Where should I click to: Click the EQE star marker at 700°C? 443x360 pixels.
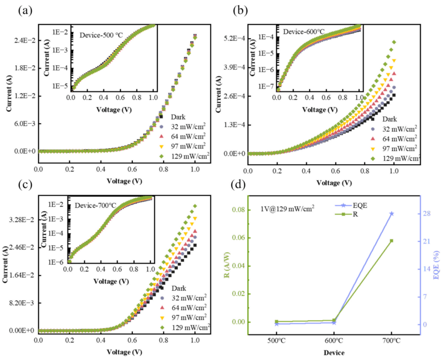tap(391, 214)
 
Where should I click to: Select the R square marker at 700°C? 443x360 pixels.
tap(391, 241)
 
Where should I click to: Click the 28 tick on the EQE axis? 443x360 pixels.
tap(424, 214)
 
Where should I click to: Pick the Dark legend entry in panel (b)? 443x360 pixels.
tap(390, 119)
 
